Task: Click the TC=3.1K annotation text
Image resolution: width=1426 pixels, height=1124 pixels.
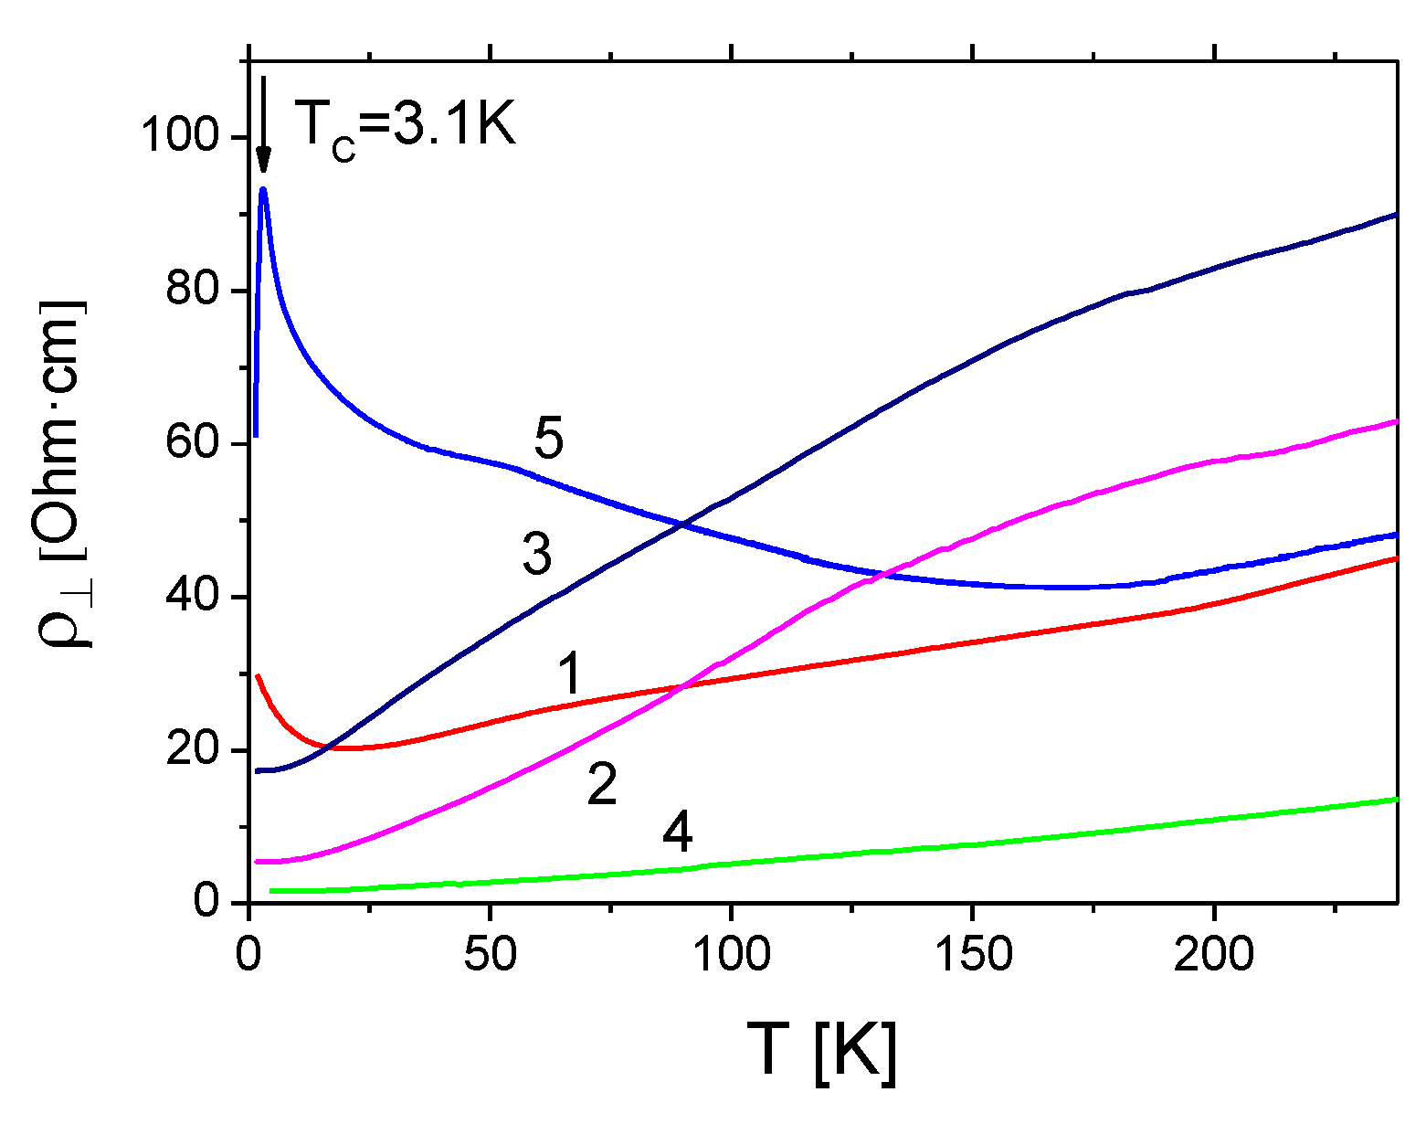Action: [406, 125]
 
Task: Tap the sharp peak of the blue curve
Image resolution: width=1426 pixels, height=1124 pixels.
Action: [263, 190]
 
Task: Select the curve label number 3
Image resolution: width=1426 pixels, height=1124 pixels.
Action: [537, 555]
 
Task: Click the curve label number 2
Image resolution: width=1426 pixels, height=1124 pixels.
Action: [602, 784]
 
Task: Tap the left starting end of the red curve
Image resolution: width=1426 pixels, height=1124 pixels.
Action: [258, 676]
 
